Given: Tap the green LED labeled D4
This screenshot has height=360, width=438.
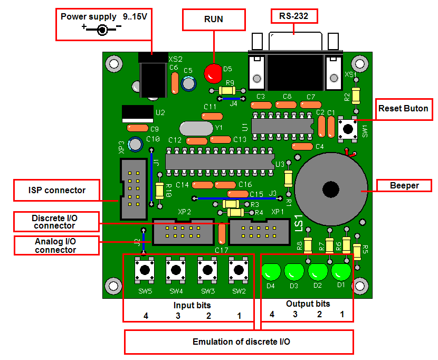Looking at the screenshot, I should point(271,272).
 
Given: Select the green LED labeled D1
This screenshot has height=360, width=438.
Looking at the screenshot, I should point(341,272).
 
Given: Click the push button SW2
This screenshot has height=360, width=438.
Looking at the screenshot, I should point(239,270).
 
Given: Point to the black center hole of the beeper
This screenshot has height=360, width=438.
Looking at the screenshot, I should point(331,189).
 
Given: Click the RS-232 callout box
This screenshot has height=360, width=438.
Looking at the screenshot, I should point(294,17).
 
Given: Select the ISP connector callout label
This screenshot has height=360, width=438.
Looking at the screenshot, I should point(57,190).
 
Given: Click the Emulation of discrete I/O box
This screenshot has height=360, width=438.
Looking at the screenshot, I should point(239,342).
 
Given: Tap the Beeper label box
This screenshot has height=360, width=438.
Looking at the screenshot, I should point(404,185).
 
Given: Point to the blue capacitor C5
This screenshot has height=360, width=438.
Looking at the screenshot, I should point(188,83).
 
